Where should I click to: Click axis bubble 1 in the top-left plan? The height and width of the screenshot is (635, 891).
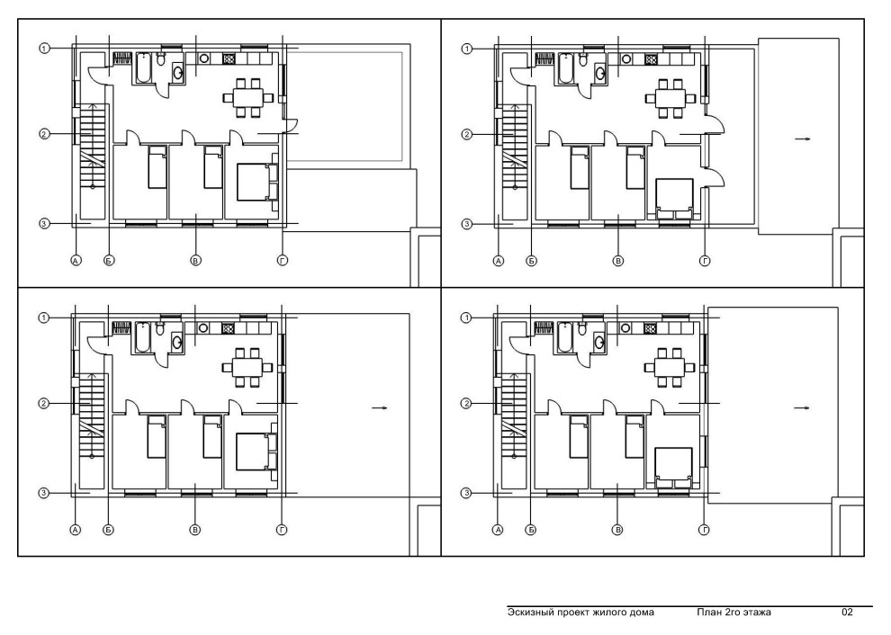pos(44,49)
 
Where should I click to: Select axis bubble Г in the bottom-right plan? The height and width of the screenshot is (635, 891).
pos(704,530)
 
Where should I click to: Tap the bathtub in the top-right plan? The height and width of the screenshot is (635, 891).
pos(566,68)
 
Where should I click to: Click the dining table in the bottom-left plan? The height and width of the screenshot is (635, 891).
pos(246,367)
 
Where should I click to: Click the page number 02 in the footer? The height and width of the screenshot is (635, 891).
pos(847,613)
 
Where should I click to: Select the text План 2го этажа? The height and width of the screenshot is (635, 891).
pos(733,613)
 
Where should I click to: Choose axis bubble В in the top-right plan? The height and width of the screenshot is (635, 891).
pos(617,261)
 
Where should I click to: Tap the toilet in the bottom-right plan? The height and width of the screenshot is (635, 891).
pos(582,328)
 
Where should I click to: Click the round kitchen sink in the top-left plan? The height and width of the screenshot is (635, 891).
pos(204,58)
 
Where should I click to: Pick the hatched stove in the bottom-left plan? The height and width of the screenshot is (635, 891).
pos(229,327)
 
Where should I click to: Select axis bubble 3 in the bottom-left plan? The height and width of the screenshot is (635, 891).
pos(44,493)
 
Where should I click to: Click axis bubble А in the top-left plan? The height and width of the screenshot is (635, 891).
pos(76,261)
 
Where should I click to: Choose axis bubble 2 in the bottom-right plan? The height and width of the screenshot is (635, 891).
pos(466,404)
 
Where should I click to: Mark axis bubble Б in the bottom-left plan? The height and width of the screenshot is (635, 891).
pos(109,530)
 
